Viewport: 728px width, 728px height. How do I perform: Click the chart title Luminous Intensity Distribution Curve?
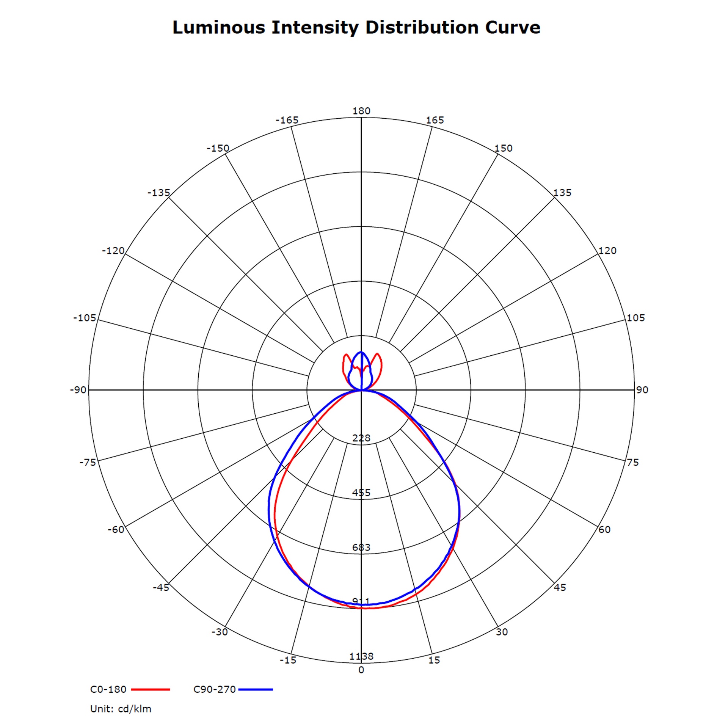[x=356, y=28]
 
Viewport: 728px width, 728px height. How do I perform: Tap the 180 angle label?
[x=361, y=111]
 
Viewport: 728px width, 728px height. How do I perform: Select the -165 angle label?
[x=287, y=120]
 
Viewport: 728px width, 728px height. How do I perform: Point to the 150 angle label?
[x=503, y=148]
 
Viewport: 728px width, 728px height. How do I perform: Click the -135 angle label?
[x=158, y=193]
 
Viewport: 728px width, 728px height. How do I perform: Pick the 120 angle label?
[x=607, y=251]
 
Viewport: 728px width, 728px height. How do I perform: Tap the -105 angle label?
[x=85, y=318]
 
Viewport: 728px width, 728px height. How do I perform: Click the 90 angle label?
[x=642, y=390]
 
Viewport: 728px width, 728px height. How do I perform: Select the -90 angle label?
[x=78, y=390]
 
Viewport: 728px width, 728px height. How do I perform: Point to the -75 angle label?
[x=88, y=462]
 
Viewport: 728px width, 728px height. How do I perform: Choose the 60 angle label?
[x=604, y=529]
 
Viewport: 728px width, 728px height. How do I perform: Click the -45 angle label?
[x=161, y=587]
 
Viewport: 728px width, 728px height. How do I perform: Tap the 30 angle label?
[x=502, y=632]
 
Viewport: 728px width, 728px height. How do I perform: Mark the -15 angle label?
[x=288, y=660]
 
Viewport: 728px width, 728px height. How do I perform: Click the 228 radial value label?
[x=361, y=438]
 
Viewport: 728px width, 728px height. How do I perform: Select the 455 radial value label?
[x=361, y=493]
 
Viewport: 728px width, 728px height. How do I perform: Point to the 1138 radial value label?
[x=361, y=656]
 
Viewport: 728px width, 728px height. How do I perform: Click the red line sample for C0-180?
[x=151, y=689]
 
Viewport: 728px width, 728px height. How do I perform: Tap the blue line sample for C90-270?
[x=256, y=689]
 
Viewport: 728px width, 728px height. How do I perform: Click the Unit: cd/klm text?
[x=121, y=709]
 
